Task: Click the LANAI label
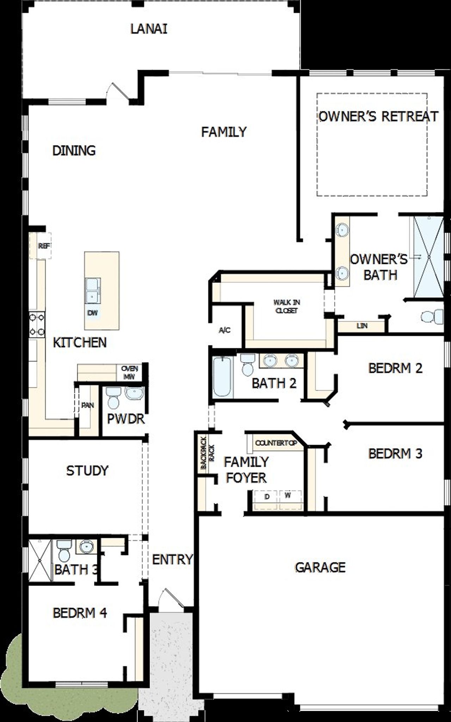(149, 29)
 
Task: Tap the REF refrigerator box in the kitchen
(44, 246)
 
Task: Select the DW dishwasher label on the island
(93, 313)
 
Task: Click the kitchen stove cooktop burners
(37, 324)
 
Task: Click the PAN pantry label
(87, 405)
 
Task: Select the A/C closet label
(224, 330)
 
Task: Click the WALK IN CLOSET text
(287, 306)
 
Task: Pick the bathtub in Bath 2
(223, 377)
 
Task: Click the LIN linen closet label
(362, 326)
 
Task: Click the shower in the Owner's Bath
(429, 257)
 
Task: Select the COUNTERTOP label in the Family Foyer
(276, 443)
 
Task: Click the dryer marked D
(267, 496)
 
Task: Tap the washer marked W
(288, 495)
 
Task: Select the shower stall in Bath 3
(39, 560)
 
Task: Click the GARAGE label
(320, 567)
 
